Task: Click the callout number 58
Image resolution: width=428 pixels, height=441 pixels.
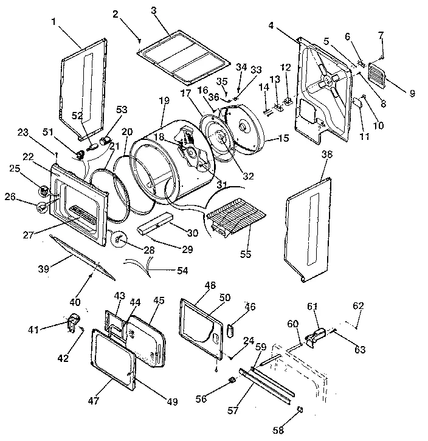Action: [x=278, y=431]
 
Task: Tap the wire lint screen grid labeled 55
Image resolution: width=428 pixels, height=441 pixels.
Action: [x=237, y=215]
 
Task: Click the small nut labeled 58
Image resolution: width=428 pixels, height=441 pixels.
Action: [x=298, y=409]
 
